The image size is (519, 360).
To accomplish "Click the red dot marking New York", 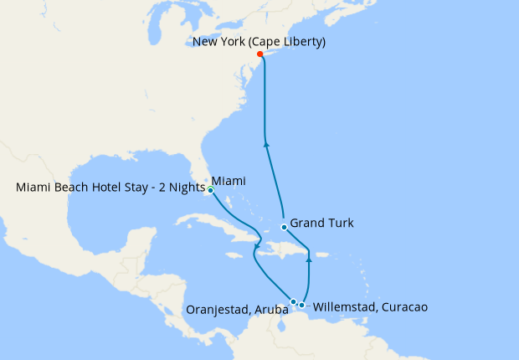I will [x=259, y=54].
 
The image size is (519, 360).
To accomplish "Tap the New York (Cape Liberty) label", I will [x=259, y=41].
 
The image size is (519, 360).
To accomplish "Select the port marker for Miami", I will [x=211, y=190].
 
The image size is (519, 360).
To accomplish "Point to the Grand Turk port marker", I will [x=285, y=227].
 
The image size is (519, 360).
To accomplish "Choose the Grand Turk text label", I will [x=322, y=224].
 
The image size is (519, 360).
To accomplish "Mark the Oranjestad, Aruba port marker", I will [x=293, y=301].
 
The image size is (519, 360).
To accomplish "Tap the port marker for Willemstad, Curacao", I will [x=302, y=305].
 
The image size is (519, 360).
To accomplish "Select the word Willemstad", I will [x=344, y=307].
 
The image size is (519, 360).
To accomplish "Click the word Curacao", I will [x=405, y=307].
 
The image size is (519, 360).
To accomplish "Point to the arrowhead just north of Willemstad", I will [x=309, y=260].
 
